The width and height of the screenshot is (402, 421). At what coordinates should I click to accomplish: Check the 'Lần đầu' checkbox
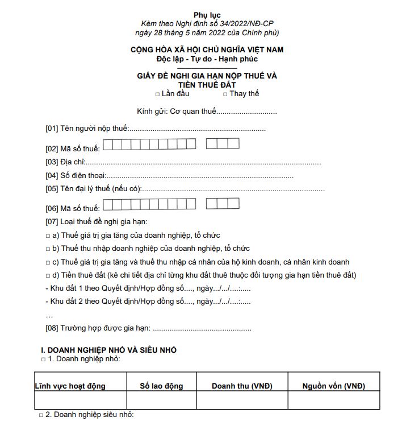[x=157, y=94]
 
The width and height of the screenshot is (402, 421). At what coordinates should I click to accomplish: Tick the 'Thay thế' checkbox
[x=225, y=94]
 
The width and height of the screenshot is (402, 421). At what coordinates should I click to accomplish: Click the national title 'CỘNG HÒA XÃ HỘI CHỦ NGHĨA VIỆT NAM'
[x=207, y=49]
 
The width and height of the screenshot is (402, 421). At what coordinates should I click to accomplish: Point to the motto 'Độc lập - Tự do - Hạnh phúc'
[x=207, y=59]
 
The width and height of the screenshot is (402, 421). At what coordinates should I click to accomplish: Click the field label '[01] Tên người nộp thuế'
[x=87, y=129]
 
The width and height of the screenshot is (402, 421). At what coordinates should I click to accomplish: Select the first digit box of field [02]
[x=108, y=144]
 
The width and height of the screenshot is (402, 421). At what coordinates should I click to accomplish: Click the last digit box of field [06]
[x=233, y=204]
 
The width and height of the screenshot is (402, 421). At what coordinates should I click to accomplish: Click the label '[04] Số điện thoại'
[x=76, y=176]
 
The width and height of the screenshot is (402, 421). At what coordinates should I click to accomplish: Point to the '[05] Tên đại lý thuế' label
[x=93, y=189]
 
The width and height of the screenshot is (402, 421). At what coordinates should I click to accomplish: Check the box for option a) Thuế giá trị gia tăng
[x=48, y=236]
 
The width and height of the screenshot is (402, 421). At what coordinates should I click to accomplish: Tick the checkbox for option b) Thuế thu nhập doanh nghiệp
[x=48, y=249]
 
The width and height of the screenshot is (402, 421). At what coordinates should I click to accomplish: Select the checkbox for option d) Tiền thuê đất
[x=48, y=276]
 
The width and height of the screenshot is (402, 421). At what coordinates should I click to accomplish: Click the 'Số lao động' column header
[x=161, y=386]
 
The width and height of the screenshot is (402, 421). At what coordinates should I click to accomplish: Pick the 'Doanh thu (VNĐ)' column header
[x=242, y=386]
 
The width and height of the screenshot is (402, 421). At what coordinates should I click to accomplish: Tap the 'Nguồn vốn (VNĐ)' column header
[x=333, y=386]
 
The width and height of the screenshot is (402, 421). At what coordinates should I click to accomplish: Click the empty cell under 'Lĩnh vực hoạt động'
[x=80, y=401]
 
